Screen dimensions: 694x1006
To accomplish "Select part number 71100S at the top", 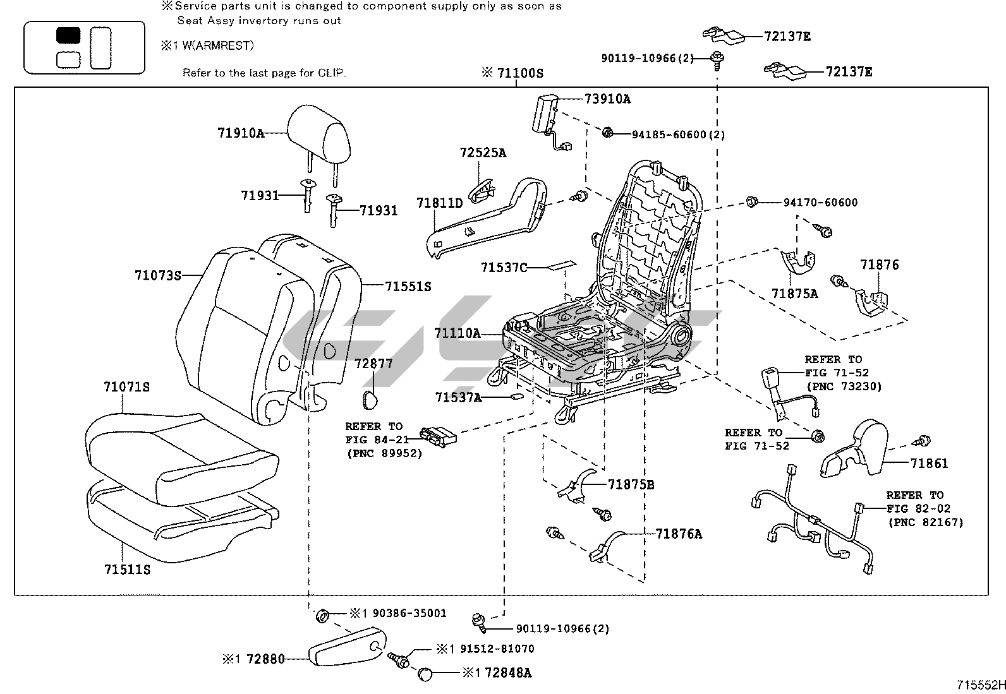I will pyautogui.click(x=519, y=73).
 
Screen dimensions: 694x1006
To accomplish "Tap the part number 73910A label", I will pyautogui.click(x=607, y=99).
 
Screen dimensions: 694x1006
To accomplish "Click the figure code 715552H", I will pyautogui.click(x=980, y=685).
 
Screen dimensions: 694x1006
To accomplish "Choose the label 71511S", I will pyautogui.click(x=127, y=569).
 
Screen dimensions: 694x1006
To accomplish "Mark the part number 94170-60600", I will pyautogui.click(x=820, y=202).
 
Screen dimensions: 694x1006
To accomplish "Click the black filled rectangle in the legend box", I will pyautogui.click(x=68, y=35).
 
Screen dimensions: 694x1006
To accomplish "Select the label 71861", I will pyautogui.click(x=929, y=463).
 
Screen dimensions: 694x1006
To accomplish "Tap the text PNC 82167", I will pyautogui.click(x=926, y=522).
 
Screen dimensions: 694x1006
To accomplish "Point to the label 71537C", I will pyautogui.click(x=504, y=267).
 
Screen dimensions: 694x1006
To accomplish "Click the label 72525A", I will pyautogui.click(x=483, y=153).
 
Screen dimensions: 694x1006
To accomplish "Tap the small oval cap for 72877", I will pyautogui.click(x=369, y=398).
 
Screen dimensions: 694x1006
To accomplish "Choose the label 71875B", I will pyautogui.click(x=631, y=484).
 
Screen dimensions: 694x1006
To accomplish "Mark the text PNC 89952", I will pyautogui.click(x=384, y=453).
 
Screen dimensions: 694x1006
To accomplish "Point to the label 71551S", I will pyautogui.click(x=408, y=286).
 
